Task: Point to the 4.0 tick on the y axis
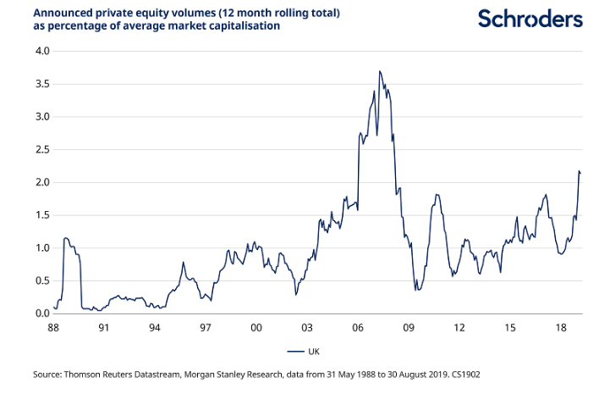(41, 51)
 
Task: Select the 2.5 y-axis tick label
(41, 150)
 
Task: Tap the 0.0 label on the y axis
(41, 314)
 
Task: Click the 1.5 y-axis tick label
(41, 215)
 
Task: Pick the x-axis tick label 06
(358, 327)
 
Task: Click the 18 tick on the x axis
(561, 327)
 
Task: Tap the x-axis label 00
(256, 327)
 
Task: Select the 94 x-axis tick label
(154, 327)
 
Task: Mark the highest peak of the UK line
(380, 71)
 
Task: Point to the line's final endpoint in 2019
(580, 173)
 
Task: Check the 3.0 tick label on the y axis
(41, 117)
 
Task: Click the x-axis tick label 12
(459, 327)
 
